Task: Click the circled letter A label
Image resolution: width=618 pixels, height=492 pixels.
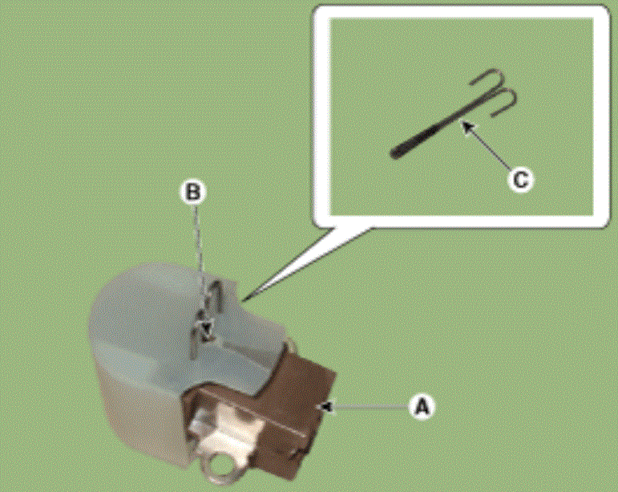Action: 422,407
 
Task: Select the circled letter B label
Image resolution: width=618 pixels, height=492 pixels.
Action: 193,192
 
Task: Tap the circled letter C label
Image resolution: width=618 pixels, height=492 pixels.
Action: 521,180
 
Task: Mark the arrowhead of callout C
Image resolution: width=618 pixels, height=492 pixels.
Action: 467,127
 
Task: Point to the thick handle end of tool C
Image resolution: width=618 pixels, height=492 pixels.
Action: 395,154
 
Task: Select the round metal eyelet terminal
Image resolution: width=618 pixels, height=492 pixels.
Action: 218,470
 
